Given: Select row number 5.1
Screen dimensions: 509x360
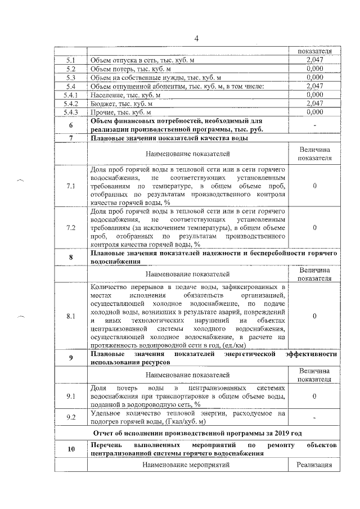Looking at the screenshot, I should click(70, 59).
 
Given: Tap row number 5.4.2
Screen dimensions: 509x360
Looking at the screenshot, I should click(70, 103).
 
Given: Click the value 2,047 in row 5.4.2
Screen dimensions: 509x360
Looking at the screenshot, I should click(314, 103).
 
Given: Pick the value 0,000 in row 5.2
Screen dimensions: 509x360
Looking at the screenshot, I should click(314, 68).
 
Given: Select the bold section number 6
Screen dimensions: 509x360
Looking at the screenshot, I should click(70, 125).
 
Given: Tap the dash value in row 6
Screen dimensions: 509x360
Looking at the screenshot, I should click(314, 125).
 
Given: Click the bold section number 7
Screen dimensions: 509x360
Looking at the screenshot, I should click(70, 138).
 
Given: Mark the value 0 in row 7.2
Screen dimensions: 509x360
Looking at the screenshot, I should click(314, 228).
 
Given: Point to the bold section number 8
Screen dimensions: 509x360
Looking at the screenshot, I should click(70, 257).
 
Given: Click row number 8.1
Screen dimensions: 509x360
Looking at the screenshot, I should click(70, 316).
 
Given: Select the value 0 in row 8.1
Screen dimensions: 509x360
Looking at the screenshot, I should click(314, 316).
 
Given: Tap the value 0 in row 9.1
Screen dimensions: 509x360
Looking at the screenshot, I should click(314, 396).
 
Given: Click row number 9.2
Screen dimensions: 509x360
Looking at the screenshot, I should click(70, 417).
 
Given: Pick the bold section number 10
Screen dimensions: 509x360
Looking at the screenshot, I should click(70, 448).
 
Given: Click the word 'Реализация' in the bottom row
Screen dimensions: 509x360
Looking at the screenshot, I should click(314, 465).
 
